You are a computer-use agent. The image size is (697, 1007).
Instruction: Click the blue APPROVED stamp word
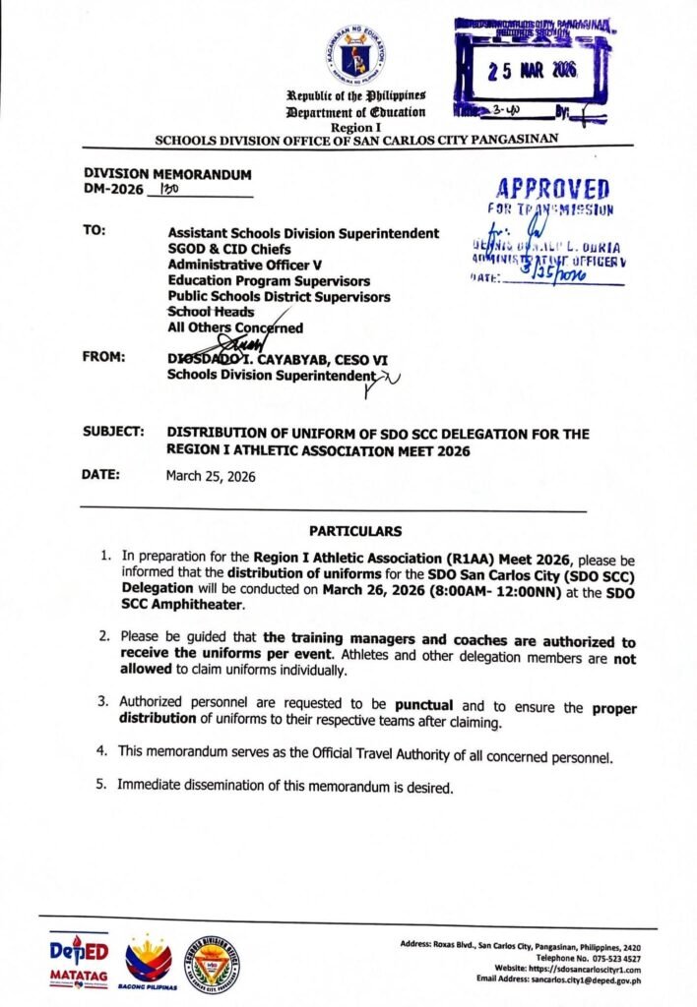[552, 189]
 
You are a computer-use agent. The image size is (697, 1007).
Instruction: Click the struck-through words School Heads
[212, 312]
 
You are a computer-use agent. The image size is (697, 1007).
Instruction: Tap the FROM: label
[103, 358]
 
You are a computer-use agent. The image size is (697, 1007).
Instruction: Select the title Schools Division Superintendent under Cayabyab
[273, 376]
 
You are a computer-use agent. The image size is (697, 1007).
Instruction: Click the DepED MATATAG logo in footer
[78, 959]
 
